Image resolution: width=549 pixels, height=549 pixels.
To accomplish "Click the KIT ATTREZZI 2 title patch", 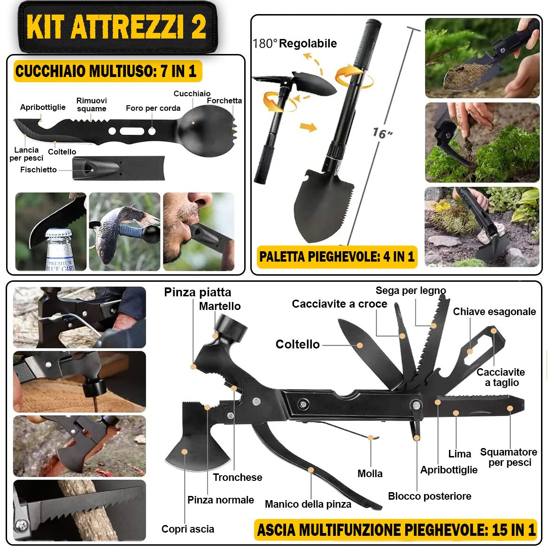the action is [x=117, y=27].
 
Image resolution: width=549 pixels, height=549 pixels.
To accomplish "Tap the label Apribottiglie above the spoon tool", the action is [x=43, y=107].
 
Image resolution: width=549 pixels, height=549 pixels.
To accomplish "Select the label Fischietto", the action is [x=39, y=170].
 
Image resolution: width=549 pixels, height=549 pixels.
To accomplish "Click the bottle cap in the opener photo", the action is [x=59, y=233].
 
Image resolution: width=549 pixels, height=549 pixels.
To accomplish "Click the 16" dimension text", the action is [x=382, y=133].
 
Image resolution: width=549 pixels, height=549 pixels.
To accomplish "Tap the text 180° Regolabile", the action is [x=294, y=43].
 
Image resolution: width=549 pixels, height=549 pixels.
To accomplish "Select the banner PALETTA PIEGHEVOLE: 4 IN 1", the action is [x=337, y=256].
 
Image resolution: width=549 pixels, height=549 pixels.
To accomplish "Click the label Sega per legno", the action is [x=411, y=290].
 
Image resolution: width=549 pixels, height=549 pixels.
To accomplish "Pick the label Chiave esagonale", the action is [x=495, y=312].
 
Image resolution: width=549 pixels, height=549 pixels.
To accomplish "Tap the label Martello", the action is [x=220, y=306].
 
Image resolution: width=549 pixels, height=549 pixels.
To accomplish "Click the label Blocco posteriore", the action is [x=430, y=496].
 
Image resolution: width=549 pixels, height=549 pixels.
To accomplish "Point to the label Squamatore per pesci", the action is [x=509, y=457].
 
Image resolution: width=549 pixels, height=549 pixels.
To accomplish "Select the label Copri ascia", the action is [x=188, y=529].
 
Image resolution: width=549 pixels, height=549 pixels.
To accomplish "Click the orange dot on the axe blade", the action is [x=185, y=452].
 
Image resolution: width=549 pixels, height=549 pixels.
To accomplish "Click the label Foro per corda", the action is [x=153, y=108].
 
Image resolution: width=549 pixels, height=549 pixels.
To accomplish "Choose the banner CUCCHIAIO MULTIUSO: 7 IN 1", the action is [x=108, y=71].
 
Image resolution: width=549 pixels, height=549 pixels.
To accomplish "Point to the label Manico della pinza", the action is [x=308, y=504].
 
